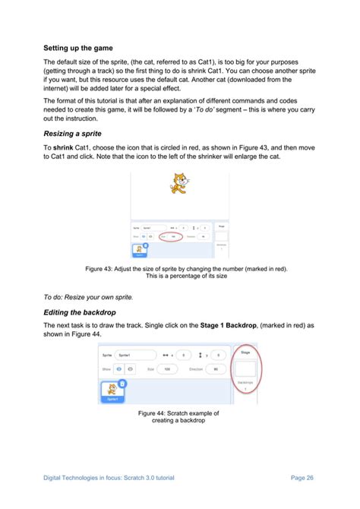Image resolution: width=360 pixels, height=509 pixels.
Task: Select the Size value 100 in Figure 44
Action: tap(166, 368)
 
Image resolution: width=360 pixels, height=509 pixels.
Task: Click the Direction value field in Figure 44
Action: tap(216, 368)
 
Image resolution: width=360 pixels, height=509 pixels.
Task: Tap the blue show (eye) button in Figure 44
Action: tap(118, 368)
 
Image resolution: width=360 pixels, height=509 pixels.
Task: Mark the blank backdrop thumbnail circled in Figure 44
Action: tap(244, 371)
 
